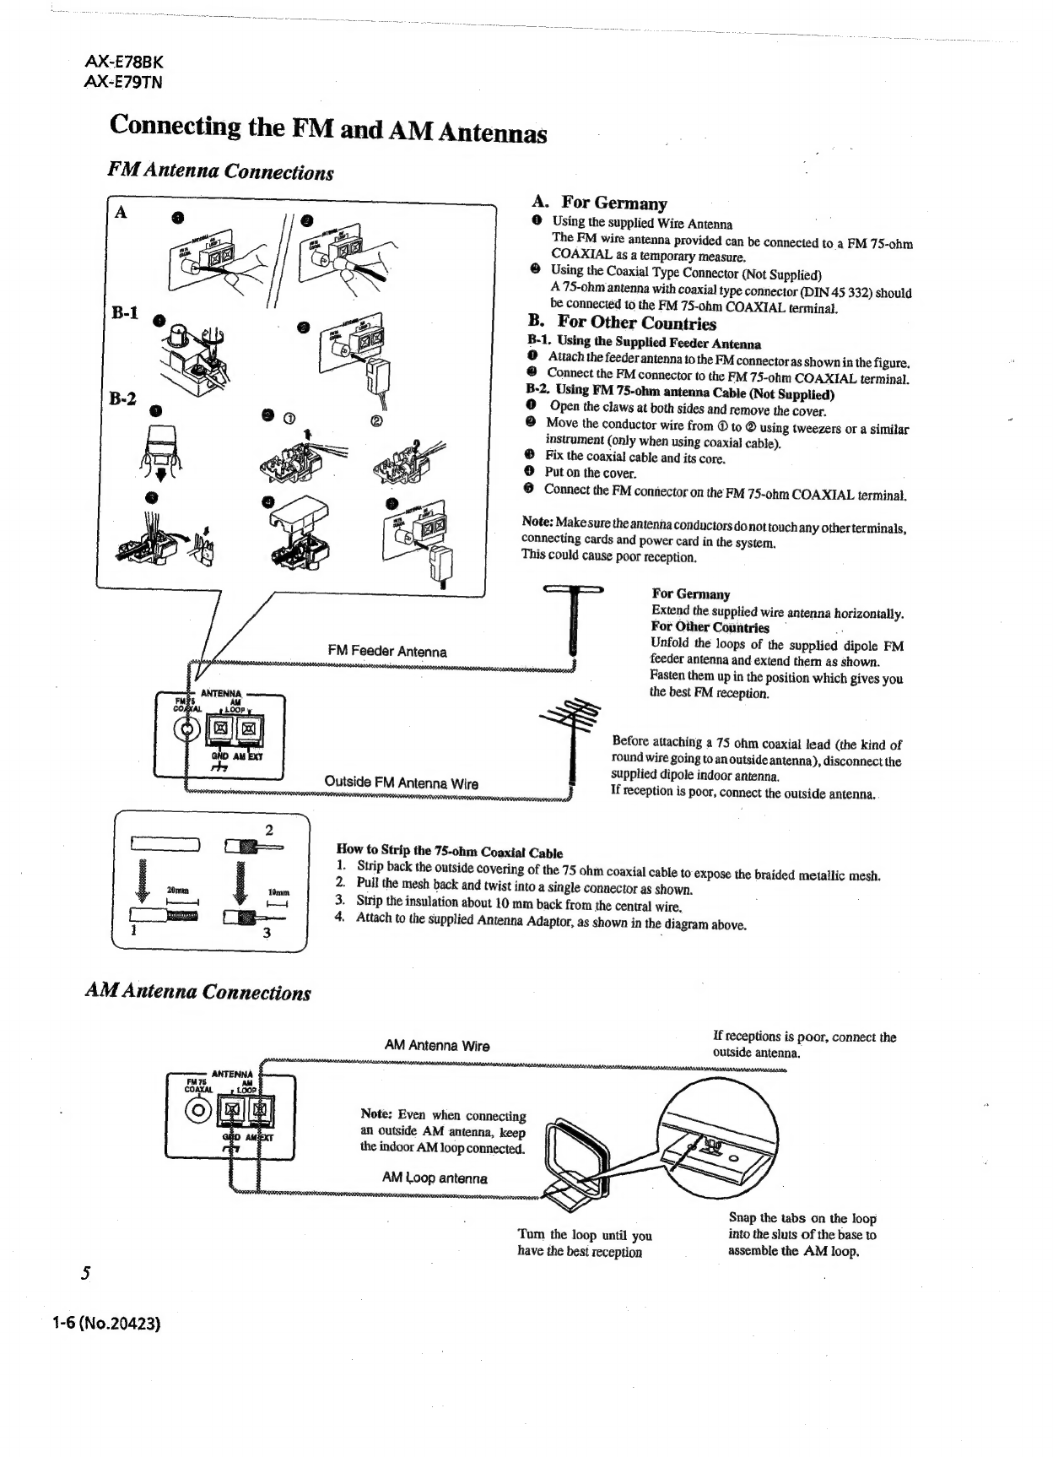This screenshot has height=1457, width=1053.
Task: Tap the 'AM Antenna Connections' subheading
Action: click(198, 992)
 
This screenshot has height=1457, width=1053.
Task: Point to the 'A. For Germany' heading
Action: click(599, 203)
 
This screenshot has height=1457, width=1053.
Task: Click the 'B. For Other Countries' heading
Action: click(622, 323)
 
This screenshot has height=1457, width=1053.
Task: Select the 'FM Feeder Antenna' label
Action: click(387, 651)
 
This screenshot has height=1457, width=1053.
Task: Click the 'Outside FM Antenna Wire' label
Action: click(401, 783)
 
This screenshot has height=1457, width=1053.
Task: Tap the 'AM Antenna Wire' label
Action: click(437, 1045)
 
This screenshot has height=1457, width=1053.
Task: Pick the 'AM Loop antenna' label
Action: click(435, 1178)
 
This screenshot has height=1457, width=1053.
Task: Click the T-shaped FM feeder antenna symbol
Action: click(573, 620)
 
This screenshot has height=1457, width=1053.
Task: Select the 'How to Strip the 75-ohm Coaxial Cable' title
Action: click(449, 853)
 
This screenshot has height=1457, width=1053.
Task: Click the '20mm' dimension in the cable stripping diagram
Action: click(178, 891)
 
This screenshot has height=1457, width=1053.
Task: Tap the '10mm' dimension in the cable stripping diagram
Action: click(278, 891)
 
